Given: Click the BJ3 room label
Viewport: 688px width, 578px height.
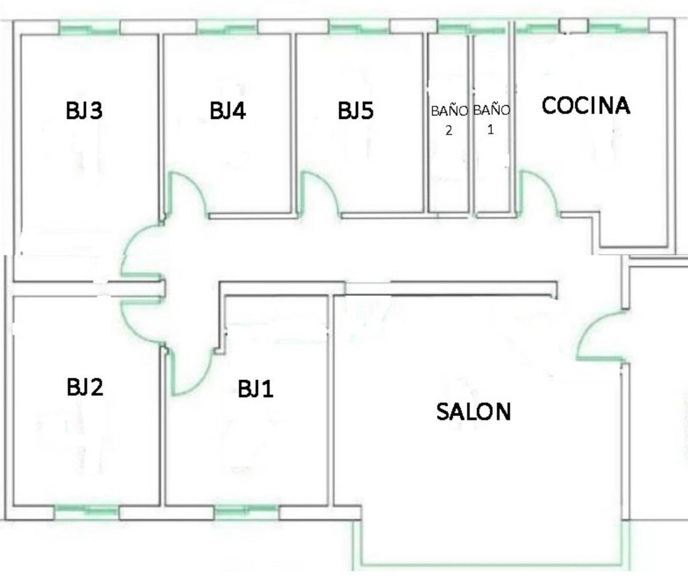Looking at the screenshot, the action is coord(84,111).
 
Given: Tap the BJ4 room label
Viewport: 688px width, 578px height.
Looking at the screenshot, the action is coord(227,111).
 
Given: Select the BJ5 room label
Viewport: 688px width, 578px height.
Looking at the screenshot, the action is coord(356,111).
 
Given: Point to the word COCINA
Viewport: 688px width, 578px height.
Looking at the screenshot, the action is coord(586,106).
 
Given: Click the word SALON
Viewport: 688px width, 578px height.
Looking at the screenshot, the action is coord(473,411).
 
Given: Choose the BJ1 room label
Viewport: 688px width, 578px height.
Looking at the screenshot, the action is coord(255,389).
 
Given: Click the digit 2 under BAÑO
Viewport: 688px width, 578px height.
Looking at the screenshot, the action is coord(449,131).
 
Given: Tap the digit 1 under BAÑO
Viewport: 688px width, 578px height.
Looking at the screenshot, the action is coord(490,129).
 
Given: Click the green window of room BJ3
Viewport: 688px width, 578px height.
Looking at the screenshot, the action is coord(89,30).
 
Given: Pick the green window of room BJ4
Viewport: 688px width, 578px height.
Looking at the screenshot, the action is coord(227,30).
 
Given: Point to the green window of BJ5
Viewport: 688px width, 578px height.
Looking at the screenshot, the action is coord(359,29).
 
